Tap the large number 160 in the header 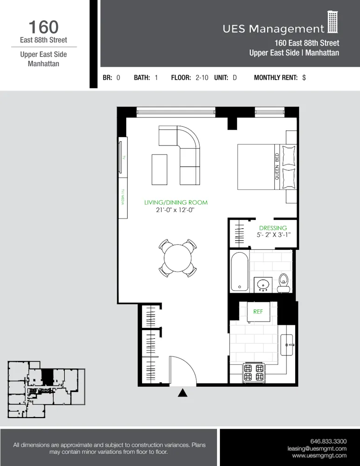[x=43, y=27]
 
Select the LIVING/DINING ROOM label [x=176, y=203]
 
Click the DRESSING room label [x=273, y=228]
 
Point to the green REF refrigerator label [x=258, y=311]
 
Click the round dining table [x=177, y=256]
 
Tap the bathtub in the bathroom [x=239, y=271]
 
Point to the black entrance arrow [x=183, y=393]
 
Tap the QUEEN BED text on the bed [x=277, y=166]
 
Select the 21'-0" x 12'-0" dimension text [x=176, y=210]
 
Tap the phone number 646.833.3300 [x=328, y=441]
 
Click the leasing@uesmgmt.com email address [x=317, y=448]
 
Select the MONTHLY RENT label [x=275, y=78]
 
